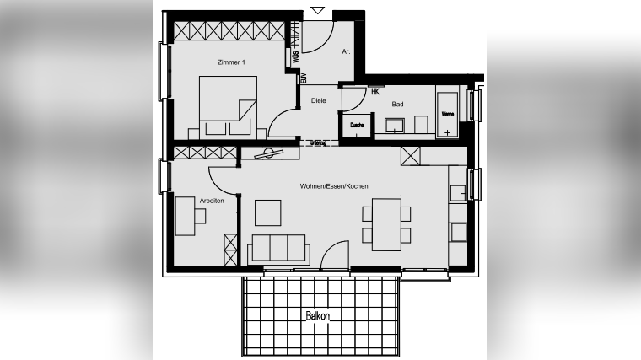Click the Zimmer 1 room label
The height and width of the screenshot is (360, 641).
pyautogui.click(x=231, y=62)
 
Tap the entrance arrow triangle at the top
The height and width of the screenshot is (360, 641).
pyautogui.click(x=317, y=10)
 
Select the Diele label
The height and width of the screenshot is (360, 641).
pyautogui.click(x=318, y=100)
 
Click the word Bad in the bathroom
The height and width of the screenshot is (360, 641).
pyautogui.click(x=397, y=105)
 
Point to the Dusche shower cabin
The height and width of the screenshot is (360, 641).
pyautogui.click(x=357, y=126)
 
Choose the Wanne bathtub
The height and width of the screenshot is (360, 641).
pyautogui.click(x=447, y=112)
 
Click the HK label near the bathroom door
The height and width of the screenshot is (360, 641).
pyautogui.click(x=375, y=92)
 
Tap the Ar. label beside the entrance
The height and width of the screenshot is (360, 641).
pyautogui.click(x=346, y=51)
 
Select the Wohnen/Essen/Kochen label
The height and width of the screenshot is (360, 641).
pyautogui.click(x=334, y=186)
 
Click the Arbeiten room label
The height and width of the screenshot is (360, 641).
pyautogui.click(x=211, y=201)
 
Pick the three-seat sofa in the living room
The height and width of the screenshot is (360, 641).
pyautogui.click(x=277, y=248)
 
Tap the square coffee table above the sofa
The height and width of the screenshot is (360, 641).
pyautogui.click(x=268, y=212)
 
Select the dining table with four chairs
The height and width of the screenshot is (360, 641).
pyautogui.click(x=387, y=223)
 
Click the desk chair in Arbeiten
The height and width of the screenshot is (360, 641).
pyautogui.click(x=200, y=216)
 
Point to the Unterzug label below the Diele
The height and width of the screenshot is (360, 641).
pyautogui.click(x=318, y=143)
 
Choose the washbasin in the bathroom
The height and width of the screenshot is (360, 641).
pyautogui.click(x=395, y=126)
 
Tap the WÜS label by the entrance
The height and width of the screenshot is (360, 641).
pyautogui.click(x=295, y=57)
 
